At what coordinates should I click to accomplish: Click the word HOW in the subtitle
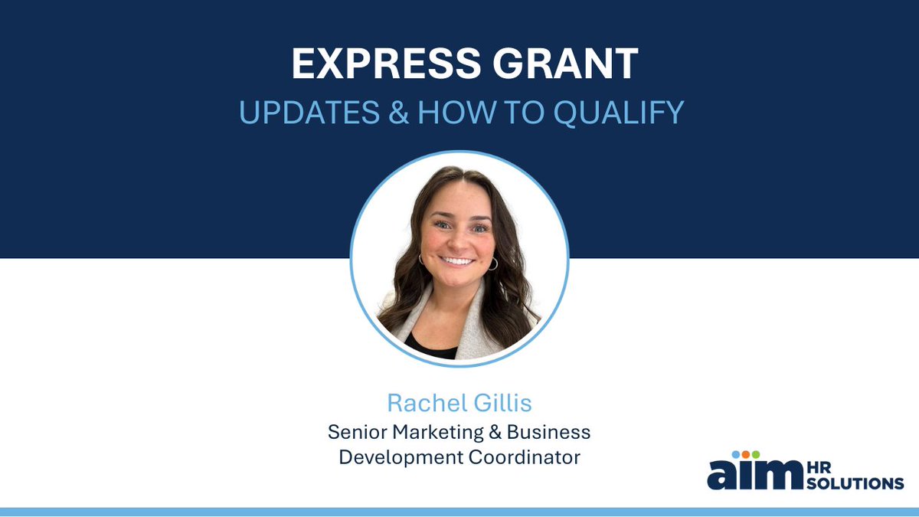[x=445, y=112]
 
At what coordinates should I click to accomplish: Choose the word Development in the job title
[x=393, y=457]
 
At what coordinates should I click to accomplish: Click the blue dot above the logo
[x=736, y=454]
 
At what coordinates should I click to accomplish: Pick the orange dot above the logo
[x=746, y=454]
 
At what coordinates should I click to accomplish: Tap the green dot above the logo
[x=756, y=454]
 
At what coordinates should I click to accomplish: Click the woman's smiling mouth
[x=458, y=260]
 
